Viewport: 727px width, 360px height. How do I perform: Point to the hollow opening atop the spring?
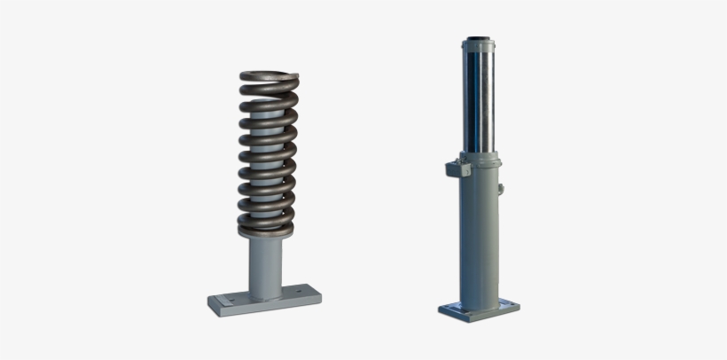(x=269, y=74)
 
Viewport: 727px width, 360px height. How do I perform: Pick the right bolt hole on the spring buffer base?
(x=304, y=292)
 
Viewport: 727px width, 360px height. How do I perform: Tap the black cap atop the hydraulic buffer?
(x=479, y=41)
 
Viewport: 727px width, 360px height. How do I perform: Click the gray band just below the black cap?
(x=479, y=49)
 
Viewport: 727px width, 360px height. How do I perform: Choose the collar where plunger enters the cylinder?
(x=479, y=157)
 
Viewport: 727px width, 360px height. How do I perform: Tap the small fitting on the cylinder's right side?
(x=501, y=188)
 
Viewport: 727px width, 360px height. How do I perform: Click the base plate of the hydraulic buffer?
(x=479, y=309)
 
